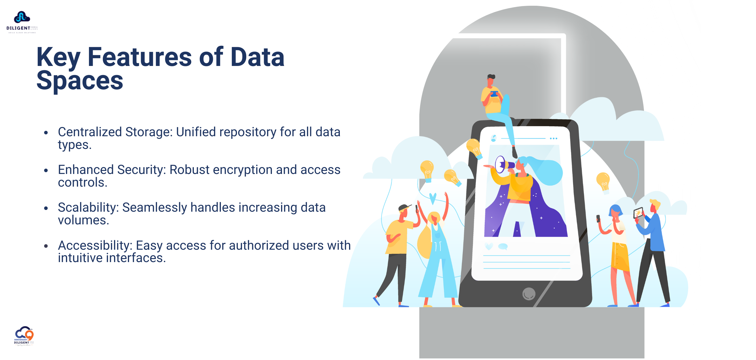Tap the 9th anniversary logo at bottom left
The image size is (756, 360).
click(24, 335)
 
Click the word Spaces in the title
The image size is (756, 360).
click(79, 81)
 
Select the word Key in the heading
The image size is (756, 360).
click(58, 58)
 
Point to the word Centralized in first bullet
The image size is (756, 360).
click(90, 132)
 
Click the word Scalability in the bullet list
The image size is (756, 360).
click(88, 208)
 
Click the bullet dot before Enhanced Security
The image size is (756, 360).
click(46, 170)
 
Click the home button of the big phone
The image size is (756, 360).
click(528, 294)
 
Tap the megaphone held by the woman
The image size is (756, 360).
click(503, 165)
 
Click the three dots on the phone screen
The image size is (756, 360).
click(553, 139)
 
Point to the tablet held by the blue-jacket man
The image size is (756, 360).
click(638, 213)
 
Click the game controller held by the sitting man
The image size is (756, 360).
click(494, 94)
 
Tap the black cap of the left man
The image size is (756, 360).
click(404, 207)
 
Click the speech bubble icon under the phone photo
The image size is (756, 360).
click(503, 247)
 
